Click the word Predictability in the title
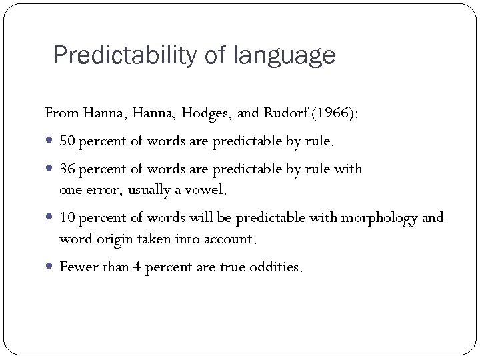pos(126,55)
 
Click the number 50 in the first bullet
pos(67,141)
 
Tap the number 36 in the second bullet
pos(67,169)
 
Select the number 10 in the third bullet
pos(67,218)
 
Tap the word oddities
pos(279,267)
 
